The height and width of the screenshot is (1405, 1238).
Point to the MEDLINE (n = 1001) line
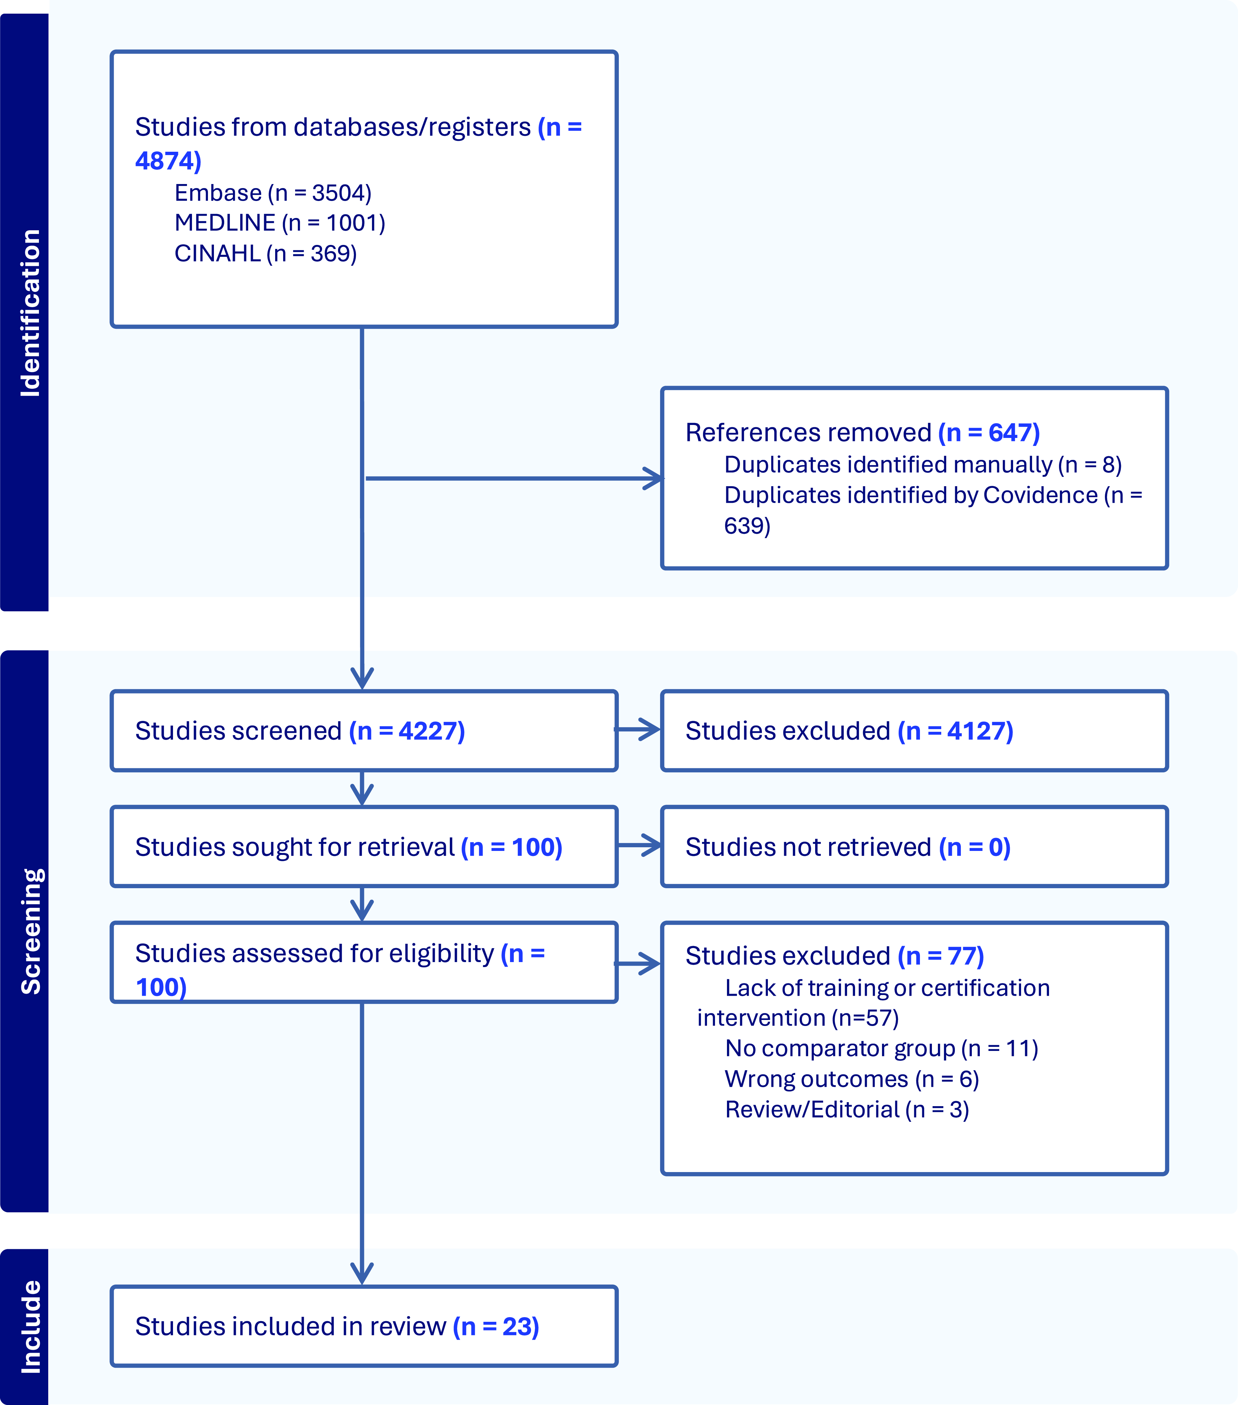point(280,223)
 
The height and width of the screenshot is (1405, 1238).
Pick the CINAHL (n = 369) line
point(265,254)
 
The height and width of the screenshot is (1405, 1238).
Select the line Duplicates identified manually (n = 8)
point(923,465)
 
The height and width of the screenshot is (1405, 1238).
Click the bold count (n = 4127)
point(956,731)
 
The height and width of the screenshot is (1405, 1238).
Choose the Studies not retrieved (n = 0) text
point(847,847)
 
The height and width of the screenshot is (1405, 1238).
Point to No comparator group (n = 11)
point(881,1048)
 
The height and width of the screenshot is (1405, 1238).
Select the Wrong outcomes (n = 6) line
point(852,1079)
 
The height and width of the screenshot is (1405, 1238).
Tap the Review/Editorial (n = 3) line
point(847,1109)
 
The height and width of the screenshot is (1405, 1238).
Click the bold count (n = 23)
point(496,1327)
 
